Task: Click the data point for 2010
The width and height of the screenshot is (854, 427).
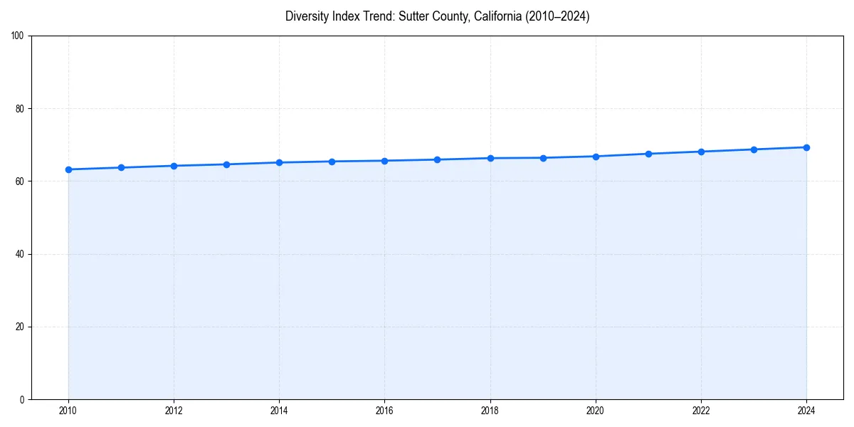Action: point(68,169)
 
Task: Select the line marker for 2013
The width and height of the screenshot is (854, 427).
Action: point(226,164)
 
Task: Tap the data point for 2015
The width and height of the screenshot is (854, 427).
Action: point(332,162)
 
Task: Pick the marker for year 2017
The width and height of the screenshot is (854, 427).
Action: point(437,159)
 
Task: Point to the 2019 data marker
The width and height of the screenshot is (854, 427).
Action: point(543,158)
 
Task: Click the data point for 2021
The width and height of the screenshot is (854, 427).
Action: point(648,154)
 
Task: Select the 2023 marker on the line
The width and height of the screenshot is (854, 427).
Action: point(754,149)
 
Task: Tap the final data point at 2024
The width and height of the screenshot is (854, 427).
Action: point(806,147)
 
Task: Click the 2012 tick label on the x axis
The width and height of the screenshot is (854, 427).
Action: point(174,411)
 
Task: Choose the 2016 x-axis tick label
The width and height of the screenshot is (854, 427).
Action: point(384,411)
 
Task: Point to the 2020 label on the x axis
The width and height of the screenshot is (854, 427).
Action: point(596,411)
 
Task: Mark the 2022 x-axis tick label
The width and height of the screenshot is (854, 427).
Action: point(701,411)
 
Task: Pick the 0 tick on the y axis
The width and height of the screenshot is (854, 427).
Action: point(23,399)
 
